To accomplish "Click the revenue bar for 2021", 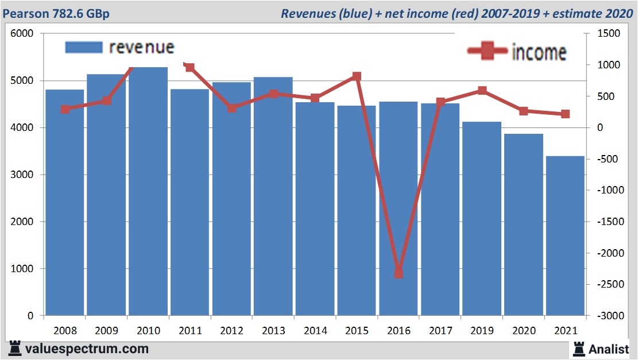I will click(565, 235).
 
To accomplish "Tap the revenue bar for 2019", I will click(482, 218).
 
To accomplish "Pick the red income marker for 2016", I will click(399, 273).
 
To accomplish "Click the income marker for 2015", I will click(357, 76).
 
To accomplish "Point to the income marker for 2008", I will click(65, 109).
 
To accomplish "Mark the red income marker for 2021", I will click(565, 114).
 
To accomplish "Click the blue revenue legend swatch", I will click(83, 47).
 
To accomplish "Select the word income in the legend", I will click(539, 52).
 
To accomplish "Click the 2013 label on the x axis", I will click(273, 331).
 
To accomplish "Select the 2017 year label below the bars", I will click(440, 331).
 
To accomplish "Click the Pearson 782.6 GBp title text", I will click(56, 13).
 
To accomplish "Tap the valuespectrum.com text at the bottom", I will click(86, 349).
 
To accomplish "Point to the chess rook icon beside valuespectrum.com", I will click(15, 348).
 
